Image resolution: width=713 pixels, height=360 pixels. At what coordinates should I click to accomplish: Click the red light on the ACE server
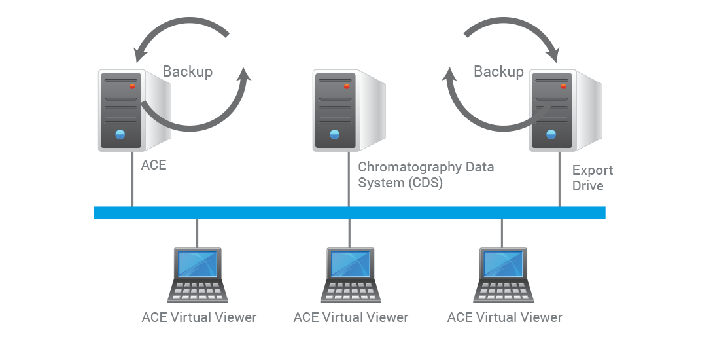(x=132, y=86)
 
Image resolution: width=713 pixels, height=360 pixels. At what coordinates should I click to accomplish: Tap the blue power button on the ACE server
(x=120, y=134)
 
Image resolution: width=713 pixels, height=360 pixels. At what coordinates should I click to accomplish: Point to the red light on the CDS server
(x=347, y=86)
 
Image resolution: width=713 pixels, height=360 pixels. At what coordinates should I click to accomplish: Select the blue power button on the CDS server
(x=334, y=134)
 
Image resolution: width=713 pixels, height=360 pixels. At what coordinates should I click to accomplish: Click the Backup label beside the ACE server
(x=187, y=71)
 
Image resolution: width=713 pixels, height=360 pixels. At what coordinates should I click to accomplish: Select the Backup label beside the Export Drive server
(x=498, y=71)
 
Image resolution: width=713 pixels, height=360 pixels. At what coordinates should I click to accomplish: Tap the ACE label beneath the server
(x=154, y=165)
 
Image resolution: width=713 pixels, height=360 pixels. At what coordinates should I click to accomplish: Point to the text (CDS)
(x=426, y=183)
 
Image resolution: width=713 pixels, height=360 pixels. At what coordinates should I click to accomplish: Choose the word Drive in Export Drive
(x=588, y=187)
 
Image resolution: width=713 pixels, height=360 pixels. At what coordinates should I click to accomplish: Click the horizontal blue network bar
(x=349, y=213)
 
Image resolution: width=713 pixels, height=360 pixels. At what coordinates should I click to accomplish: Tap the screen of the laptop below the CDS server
(x=350, y=264)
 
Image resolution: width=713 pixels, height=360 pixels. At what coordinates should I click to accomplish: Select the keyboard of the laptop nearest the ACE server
(x=197, y=291)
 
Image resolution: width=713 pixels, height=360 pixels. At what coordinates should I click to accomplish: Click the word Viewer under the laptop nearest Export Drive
(x=538, y=318)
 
